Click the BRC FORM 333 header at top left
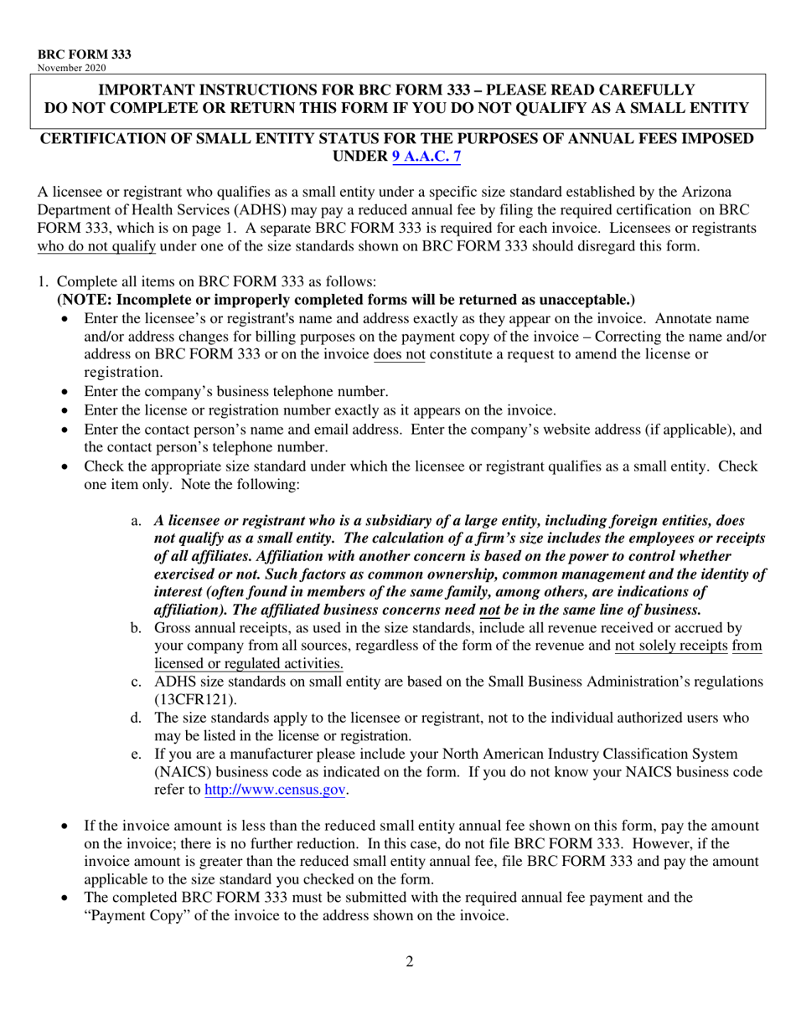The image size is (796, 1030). point(84,54)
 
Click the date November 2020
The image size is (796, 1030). point(71,68)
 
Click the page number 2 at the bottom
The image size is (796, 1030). point(409,961)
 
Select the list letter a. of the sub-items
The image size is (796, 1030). point(137,521)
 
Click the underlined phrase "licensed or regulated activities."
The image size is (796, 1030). point(249,663)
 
